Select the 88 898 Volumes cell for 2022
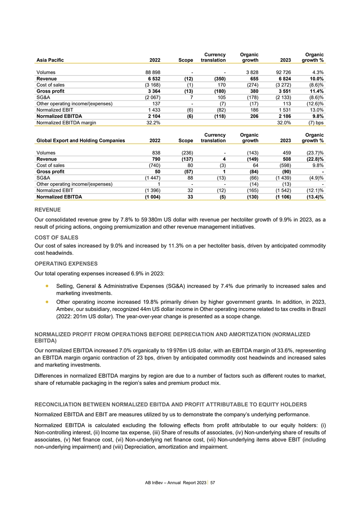tap(150, 72)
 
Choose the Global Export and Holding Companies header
tap(80, 141)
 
